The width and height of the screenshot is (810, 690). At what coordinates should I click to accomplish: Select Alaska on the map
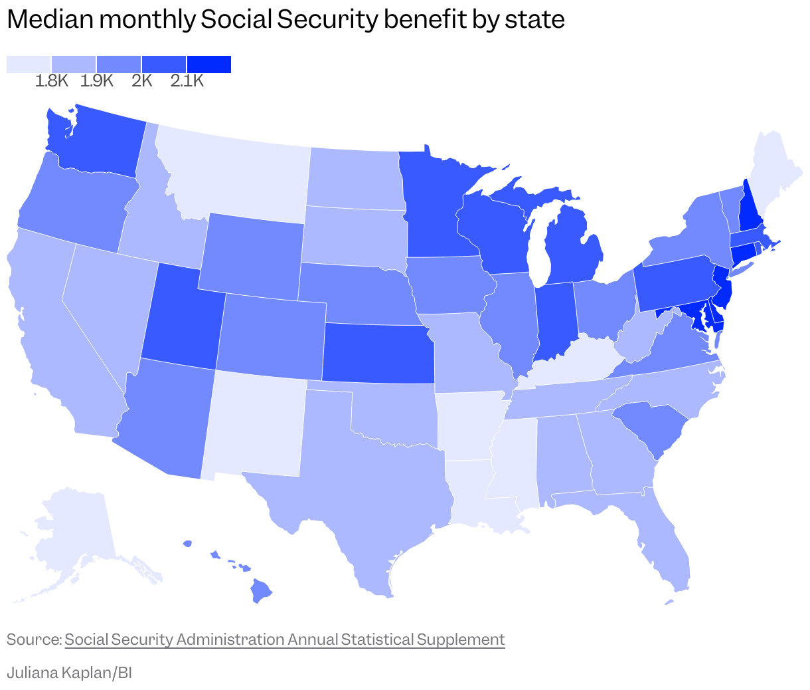[x=73, y=532]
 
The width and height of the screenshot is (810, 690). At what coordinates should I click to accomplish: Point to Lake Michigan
[x=539, y=246]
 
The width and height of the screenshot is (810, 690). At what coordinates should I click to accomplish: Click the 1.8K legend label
[x=52, y=81]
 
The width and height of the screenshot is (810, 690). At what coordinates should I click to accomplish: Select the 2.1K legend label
[x=187, y=81]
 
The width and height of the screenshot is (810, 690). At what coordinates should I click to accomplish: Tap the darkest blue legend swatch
[x=208, y=64]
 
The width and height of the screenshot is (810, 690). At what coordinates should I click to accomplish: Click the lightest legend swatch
[x=29, y=64]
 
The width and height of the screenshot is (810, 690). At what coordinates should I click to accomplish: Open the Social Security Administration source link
[x=284, y=639]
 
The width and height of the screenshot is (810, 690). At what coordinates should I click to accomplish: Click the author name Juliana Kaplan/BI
[x=69, y=673]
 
